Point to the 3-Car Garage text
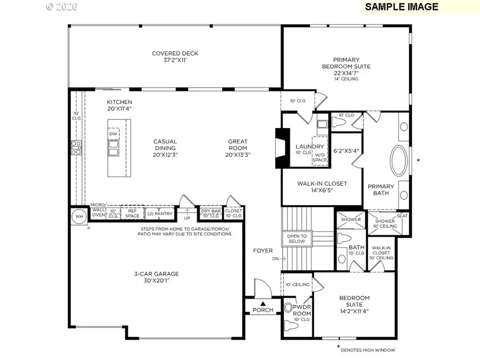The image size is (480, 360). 156,274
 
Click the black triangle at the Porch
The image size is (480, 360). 263,303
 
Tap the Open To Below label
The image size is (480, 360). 297,238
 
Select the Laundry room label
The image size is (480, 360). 309,147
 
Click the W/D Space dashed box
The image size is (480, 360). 319,153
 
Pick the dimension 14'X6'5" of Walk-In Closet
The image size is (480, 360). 322,190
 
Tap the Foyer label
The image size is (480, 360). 263,250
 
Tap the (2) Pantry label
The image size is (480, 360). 159,213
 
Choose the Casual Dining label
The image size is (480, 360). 165,145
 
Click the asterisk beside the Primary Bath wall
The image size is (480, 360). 418,160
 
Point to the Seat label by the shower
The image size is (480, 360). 402,216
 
